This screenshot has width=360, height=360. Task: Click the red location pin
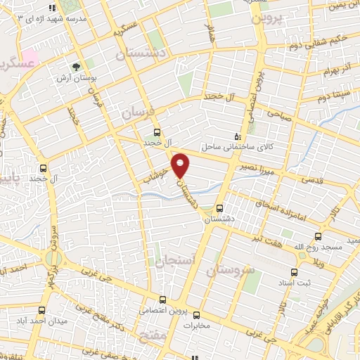click(x=181, y=165)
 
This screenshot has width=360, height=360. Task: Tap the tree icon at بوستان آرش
click(x=75, y=67)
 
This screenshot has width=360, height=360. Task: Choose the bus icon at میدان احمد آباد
click(x=43, y=310)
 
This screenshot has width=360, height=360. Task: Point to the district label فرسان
click(x=136, y=112)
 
